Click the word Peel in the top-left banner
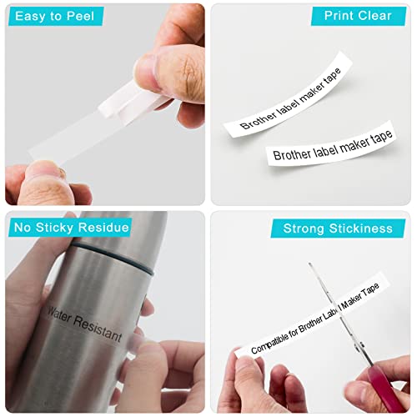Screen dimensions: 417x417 (81, 16)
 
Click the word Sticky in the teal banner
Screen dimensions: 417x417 (54, 228)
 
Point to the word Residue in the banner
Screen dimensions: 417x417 (103, 227)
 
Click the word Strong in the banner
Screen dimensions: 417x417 (304, 229)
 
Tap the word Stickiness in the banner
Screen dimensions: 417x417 (361, 229)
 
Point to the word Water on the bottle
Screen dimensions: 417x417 (59, 314)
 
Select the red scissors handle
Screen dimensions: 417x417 (385, 388)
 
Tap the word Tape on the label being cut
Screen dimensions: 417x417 (370, 290)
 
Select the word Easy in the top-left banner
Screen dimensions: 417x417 (31, 16)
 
